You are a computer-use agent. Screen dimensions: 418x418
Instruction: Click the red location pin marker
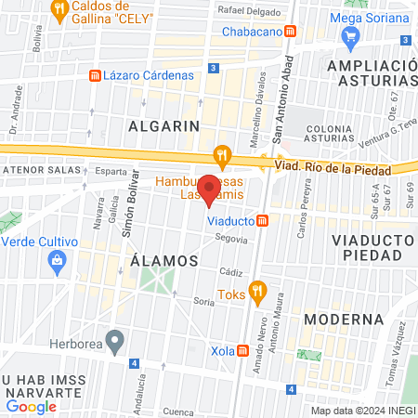(x=210, y=190)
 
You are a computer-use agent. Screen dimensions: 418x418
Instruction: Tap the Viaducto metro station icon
(x=263, y=221)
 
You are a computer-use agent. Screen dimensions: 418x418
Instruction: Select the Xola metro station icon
(x=243, y=352)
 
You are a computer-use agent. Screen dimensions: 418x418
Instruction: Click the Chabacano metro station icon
(x=291, y=32)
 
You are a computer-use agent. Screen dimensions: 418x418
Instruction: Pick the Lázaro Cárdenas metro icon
(x=93, y=75)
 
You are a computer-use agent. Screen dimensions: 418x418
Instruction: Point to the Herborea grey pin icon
(x=115, y=341)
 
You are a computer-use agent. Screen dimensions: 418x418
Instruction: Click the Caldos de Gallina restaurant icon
(x=61, y=11)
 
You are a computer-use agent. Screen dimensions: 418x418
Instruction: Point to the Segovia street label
(x=231, y=239)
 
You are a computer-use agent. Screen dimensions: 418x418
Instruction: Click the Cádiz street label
(x=231, y=272)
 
